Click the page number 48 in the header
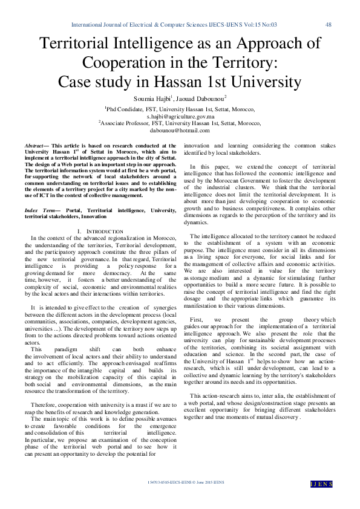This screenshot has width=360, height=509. [329, 25]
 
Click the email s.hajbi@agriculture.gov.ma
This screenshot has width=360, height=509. [180, 115]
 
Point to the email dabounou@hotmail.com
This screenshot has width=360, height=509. [180, 129]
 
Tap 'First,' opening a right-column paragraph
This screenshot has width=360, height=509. [197, 319]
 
